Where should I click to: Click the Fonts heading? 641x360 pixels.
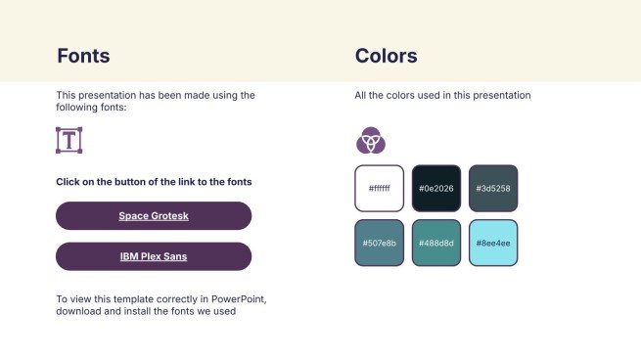click(x=83, y=56)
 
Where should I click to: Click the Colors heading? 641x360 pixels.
click(x=386, y=56)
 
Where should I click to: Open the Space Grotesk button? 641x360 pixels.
click(x=154, y=216)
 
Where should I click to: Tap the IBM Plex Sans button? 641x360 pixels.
click(x=154, y=256)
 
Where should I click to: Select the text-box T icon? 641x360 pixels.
click(x=69, y=140)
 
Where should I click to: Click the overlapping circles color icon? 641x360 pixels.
click(x=370, y=141)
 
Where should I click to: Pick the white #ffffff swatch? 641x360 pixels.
click(x=379, y=188)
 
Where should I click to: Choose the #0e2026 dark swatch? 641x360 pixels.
click(x=436, y=188)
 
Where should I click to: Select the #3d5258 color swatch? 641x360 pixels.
click(x=493, y=188)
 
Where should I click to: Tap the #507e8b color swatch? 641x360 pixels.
click(x=379, y=243)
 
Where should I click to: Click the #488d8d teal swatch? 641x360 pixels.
click(x=436, y=243)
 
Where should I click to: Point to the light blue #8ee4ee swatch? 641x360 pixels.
click(x=493, y=243)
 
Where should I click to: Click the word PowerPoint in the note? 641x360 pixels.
click(x=235, y=298)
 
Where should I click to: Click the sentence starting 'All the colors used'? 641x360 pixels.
click(x=442, y=96)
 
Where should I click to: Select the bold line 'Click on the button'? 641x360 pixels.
click(x=154, y=182)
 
